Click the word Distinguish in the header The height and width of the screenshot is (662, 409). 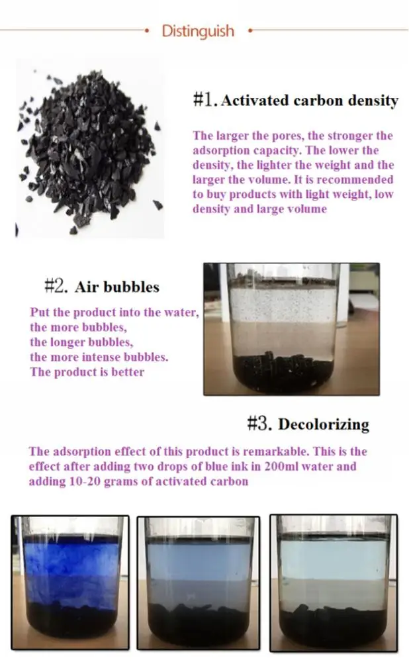[x=198, y=32]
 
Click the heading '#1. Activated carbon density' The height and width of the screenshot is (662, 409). [x=295, y=101]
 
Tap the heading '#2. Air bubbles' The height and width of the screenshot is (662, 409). [x=102, y=287]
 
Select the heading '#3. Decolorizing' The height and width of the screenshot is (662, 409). [x=308, y=424]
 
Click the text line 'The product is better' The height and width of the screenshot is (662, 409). [x=87, y=372]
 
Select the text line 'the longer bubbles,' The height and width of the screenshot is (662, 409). [x=81, y=342]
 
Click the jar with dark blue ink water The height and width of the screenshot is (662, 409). [x=70, y=583]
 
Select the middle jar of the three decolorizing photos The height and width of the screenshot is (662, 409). [x=199, y=583]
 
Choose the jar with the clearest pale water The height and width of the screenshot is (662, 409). [x=334, y=583]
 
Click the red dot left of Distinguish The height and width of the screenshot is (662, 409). [x=146, y=30]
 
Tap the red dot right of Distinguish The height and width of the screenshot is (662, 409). [x=250, y=30]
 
